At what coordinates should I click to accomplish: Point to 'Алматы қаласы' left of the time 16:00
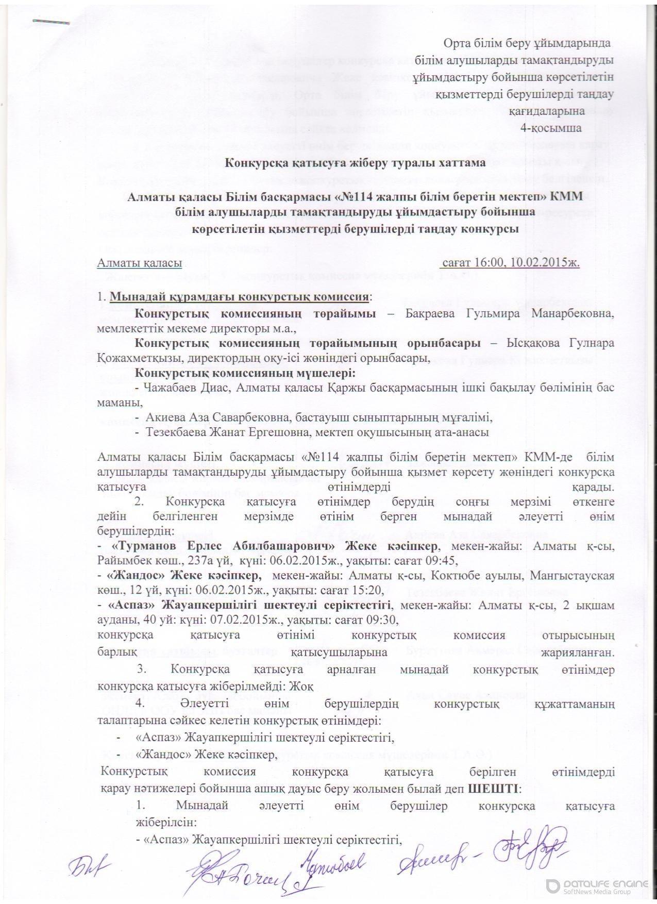click(x=140, y=263)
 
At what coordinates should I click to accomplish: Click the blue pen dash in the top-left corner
click(x=51, y=22)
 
